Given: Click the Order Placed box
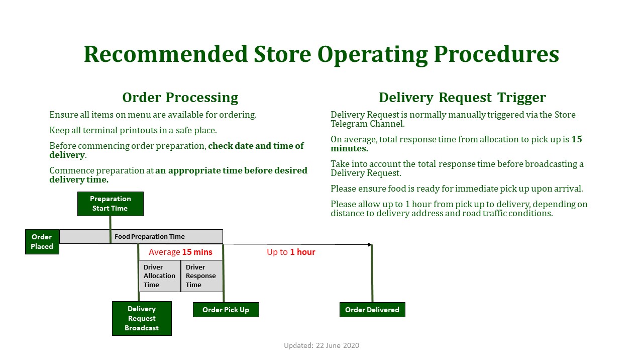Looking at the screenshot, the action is [42, 242].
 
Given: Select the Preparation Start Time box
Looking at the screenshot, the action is [110, 204].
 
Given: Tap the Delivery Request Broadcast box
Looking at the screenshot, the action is [142, 318].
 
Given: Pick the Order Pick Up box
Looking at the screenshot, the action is [226, 310].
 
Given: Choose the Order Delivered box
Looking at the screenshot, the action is [372, 310].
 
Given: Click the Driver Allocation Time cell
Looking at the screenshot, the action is [160, 276].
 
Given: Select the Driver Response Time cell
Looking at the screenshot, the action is [202, 276].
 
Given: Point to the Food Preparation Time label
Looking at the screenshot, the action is [150, 236].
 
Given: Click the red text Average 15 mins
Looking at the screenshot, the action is [180, 252].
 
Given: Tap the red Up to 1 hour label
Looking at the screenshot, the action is [291, 252].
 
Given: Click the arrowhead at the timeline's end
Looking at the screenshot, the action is [370, 244].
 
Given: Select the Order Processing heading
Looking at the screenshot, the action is [180, 98].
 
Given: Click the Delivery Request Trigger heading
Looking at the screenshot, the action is [462, 98].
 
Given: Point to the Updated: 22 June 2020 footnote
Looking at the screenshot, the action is [321, 345].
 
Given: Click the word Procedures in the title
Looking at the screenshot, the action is [496, 54].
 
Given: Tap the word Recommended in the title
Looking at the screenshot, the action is [166, 54].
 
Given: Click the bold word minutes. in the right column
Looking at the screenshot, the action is [349, 148].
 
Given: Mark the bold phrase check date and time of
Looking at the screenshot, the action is [256, 146].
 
